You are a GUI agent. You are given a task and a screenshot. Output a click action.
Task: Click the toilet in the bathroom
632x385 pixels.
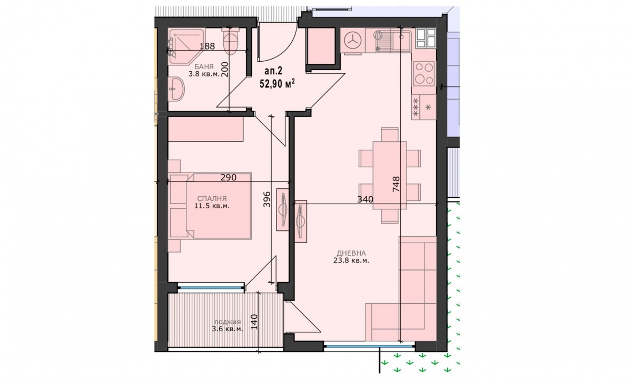tap(230, 42)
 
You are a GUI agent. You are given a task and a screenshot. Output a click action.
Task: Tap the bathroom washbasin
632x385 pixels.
tap(177, 89)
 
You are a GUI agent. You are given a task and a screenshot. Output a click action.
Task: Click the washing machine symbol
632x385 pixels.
tap(353, 42)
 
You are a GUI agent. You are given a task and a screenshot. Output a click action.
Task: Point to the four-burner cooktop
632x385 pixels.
tap(424, 73)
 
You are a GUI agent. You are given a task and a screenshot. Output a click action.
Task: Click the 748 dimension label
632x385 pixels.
tap(396, 184)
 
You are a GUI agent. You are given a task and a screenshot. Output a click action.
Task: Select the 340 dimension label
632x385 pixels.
tap(365, 199)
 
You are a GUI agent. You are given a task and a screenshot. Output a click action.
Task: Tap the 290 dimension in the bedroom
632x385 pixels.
tap(228, 177)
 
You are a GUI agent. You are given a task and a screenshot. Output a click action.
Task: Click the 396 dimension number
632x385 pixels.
tap(266, 199)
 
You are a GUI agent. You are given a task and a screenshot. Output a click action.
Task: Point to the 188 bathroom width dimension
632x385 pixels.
tap(208, 46)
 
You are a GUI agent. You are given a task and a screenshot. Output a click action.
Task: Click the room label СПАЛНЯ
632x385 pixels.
tap(212, 199)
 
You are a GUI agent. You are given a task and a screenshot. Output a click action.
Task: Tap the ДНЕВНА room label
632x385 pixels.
tap(351, 253)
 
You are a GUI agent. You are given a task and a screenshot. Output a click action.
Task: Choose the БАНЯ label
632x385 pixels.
tap(204, 66)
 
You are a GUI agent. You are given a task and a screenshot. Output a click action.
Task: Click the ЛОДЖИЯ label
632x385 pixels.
tap(228, 322)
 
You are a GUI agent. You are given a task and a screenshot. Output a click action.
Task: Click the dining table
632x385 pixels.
tap(389, 175)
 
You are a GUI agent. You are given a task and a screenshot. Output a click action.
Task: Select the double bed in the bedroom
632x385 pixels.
tap(219, 206)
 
